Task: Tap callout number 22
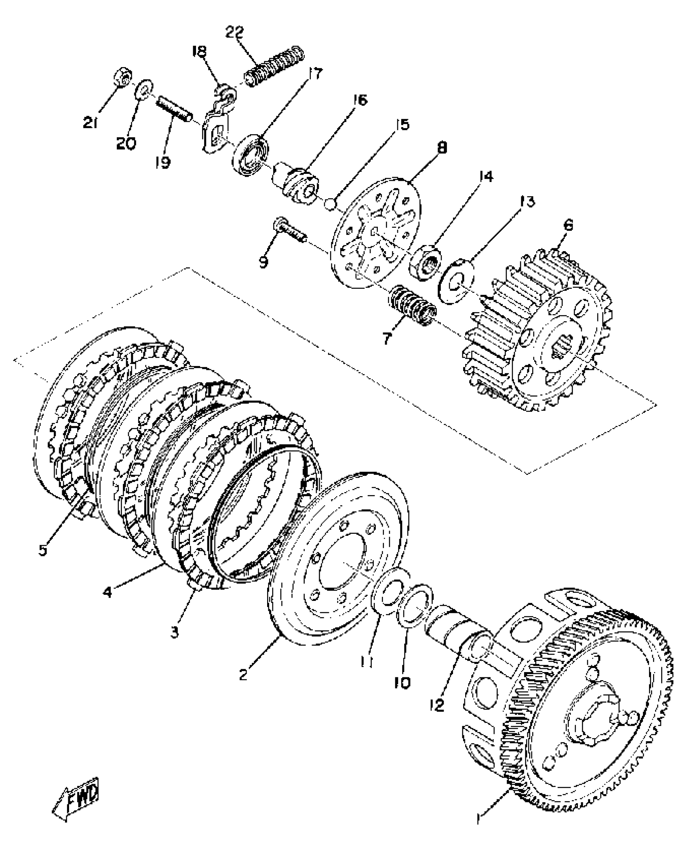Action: (235, 32)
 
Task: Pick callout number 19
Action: (163, 162)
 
